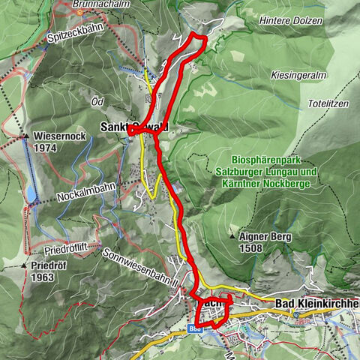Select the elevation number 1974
(46, 148)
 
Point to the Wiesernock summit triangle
(25, 136)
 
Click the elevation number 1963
(44, 277)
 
